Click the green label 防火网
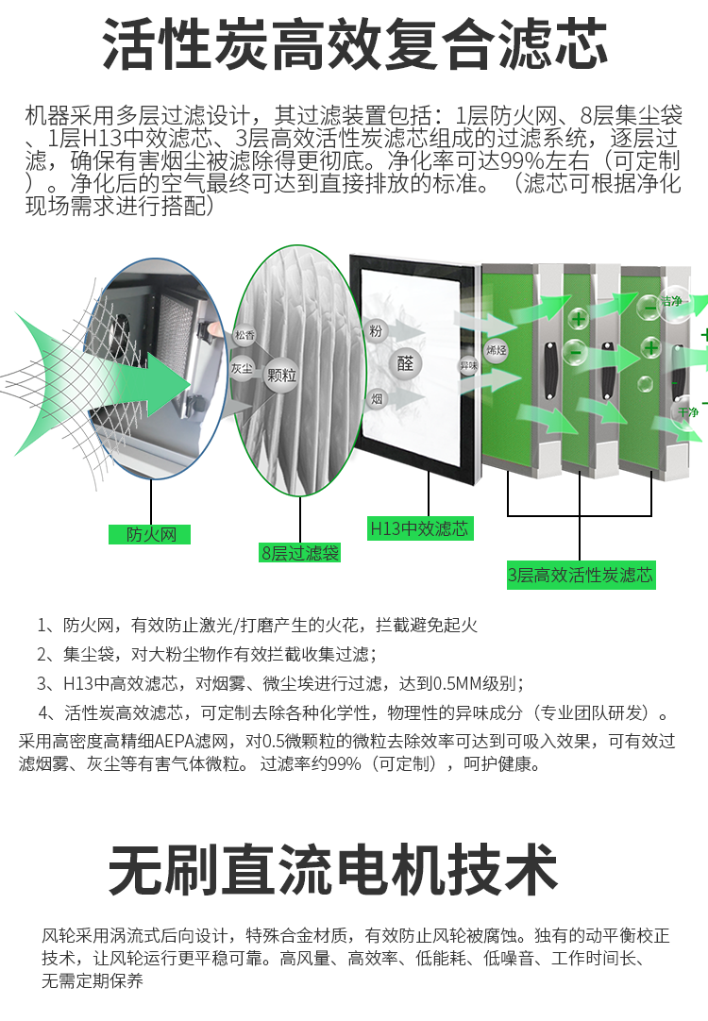click(149, 534)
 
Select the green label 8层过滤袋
click(299, 553)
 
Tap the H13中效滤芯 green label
click(419, 528)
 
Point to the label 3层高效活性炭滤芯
click(581, 575)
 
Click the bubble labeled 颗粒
click(281, 376)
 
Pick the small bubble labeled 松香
click(244, 335)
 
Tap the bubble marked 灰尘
click(241, 369)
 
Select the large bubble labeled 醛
click(405, 362)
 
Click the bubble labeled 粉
click(376, 330)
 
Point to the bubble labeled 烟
click(377, 398)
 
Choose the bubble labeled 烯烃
click(497, 350)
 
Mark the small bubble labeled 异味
click(468, 365)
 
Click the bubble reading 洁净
click(671, 302)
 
